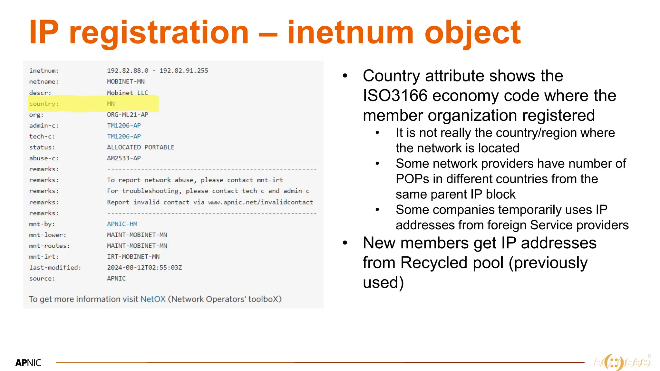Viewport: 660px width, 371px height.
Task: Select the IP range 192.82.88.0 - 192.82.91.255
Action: tap(158, 71)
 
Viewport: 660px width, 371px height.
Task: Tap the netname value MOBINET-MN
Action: tap(126, 81)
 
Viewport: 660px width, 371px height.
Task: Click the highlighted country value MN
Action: tap(111, 104)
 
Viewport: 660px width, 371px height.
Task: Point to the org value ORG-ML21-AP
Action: tap(128, 115)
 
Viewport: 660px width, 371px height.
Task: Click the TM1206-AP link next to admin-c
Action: tap(124, 126)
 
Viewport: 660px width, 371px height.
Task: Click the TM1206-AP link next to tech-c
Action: tap(124, 137)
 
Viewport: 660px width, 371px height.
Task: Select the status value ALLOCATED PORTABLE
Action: tap(141, 147)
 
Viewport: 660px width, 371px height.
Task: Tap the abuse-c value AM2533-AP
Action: tap(124, 158)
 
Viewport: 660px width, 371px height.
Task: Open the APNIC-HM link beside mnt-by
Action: tap(122, 224)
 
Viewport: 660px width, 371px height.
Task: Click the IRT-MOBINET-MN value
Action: tap(133, 257)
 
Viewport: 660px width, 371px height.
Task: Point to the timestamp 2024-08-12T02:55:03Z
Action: tap(144, 268)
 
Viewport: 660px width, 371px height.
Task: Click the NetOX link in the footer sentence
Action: tap(153, 299)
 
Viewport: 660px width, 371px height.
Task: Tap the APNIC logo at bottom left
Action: tap(28, 363)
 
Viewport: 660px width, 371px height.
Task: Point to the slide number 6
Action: tap(649, 356)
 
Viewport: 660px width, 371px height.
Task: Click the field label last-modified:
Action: tap(55, 268)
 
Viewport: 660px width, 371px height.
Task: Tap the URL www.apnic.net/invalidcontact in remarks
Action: tap(260, 202)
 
